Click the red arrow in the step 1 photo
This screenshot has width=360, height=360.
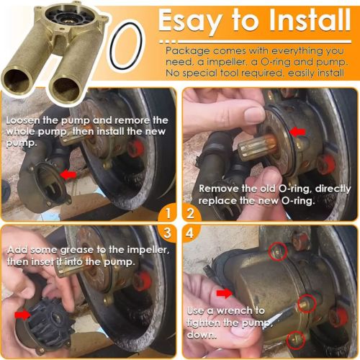point(69,174)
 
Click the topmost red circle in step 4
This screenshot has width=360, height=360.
point(277,251)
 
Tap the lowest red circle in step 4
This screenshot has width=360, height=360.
point(294,339)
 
